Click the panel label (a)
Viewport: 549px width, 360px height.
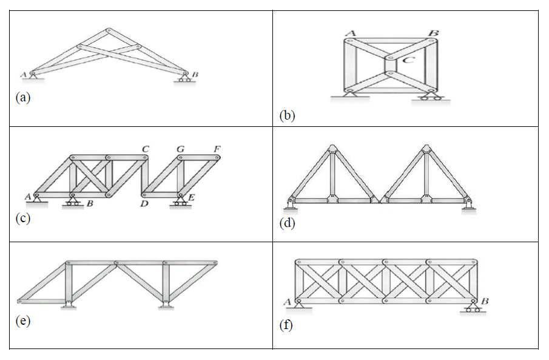pyautogui.click(x=23, y=97)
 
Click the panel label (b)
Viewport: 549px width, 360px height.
pyautogui.click(x=287, y=115)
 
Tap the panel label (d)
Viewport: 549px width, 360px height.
pyautogui.click(x=287, y=223)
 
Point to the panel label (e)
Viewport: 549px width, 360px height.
pyautogui.click(x=23, y=321)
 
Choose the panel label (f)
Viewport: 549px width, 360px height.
pyautogui.click(x=287, y=326)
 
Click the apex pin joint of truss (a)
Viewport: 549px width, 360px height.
pyautogui.click(x=109, y=30)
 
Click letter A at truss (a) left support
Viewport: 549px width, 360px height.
pyautogui.click(x=24, y=75)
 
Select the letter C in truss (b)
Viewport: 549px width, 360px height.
pyautogui.click(x=408, y=59)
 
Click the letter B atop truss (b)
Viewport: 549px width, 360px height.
pyautogui.click(x=433, y=33)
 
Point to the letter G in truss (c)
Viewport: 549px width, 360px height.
pyautogui.click(x=180, y=149)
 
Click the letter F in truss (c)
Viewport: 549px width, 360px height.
pyautogui.click(x=216, y=149)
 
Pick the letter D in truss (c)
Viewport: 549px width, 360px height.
pyautogui.click(x=144, y=203)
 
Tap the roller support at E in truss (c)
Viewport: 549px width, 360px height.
pyautogui.click(x=180, y=200)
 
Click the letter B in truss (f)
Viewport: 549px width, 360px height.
pyautogui.click(x=485, y=301)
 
